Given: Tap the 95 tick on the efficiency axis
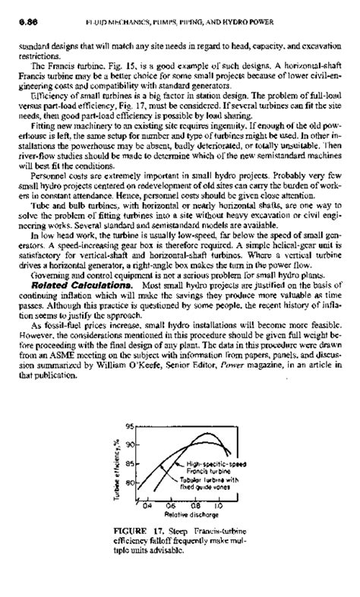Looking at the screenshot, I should tap(138, 426).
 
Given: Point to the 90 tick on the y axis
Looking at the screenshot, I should tap(138, 444).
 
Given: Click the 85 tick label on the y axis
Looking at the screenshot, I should tap(138, 464).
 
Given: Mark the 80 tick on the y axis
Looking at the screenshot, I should tap(138, 482).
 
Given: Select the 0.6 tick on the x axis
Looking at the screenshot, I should tap(172, 504).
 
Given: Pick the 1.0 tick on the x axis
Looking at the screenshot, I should tap(218, 504).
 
